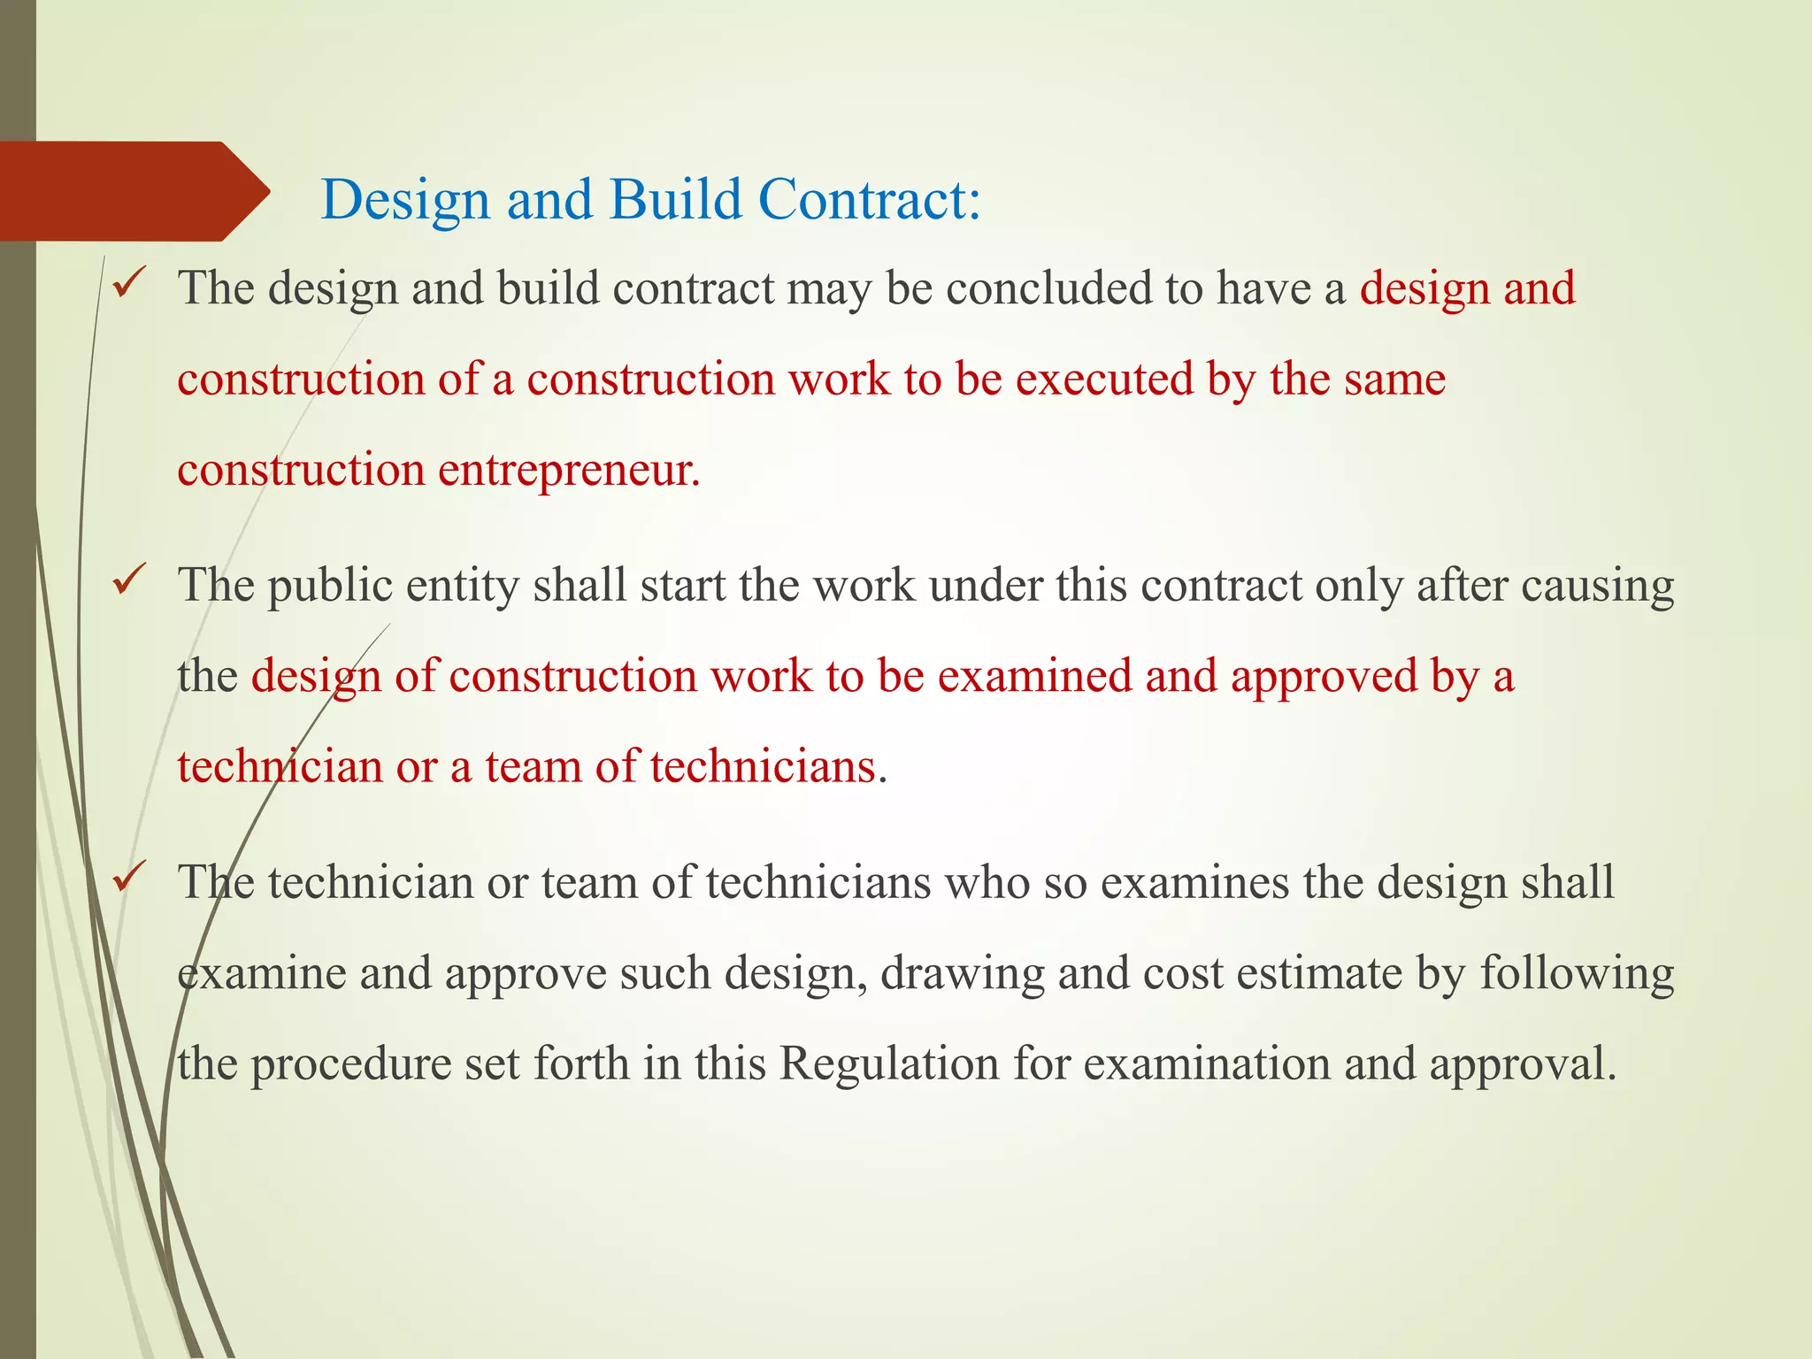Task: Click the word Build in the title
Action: tap(675, 199)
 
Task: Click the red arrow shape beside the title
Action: tap(133, 191)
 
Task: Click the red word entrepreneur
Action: tap(569, 470)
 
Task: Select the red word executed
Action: tap(1104, 380)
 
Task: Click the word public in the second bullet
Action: tap(330, 587)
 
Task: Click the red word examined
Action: tap(1033, 677)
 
